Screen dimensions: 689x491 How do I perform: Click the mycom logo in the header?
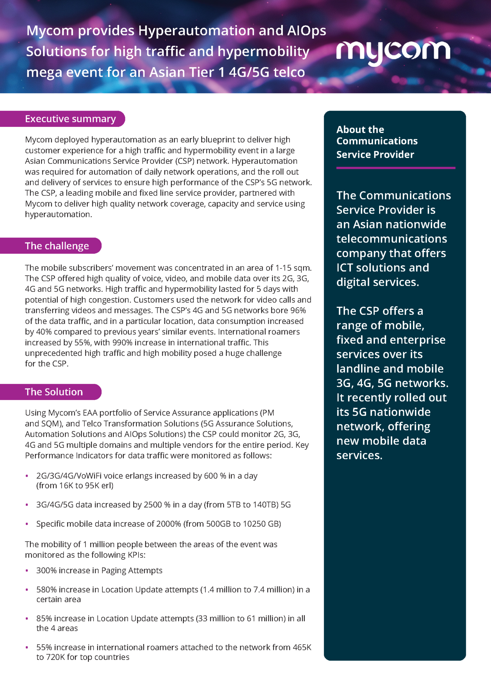[x=393, y=52]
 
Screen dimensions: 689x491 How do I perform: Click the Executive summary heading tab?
[x=70, y=119]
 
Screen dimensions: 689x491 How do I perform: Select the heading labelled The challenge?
[x=56, y=246]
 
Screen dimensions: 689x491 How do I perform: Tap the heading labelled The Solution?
[x=54, y=392]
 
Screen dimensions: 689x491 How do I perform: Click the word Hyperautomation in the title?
[x=196, y=31]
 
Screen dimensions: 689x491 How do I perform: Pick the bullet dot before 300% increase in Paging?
[x=27, y=571]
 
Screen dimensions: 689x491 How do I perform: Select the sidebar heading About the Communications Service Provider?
[x=377, y=142]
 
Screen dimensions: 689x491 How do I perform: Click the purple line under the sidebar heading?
[x=395, y=168]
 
